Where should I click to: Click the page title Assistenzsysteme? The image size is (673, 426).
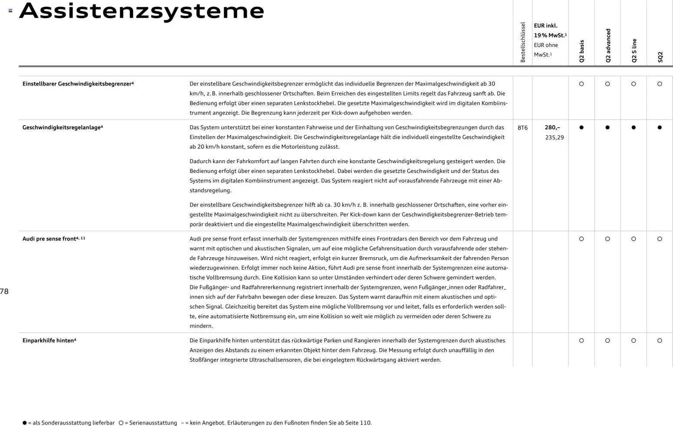(142, 11)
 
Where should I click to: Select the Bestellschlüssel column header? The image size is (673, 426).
(523, 42)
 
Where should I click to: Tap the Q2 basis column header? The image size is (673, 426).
(581, 51)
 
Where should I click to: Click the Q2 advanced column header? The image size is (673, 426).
(608, 46)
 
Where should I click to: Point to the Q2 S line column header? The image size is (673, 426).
(634, 50)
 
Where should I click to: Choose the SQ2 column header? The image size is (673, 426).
(660, 57)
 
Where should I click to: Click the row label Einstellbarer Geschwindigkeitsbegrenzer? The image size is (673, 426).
(78, 84)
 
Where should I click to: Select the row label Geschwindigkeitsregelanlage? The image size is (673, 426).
(62, 127)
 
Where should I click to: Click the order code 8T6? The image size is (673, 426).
(523, 128)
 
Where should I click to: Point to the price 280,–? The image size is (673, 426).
(552, 127)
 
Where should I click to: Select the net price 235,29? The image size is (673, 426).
(554, 137)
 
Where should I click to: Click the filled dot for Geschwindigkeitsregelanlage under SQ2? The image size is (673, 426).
(660, 128)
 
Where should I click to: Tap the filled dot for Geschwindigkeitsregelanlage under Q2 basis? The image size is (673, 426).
(581, 128)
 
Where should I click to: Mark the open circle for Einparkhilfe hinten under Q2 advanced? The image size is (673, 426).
(607, 340)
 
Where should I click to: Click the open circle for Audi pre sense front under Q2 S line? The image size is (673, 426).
(633, 239)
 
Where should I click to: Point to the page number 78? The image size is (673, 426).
(4, 291)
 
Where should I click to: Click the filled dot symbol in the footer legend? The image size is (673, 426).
(25, 423)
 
